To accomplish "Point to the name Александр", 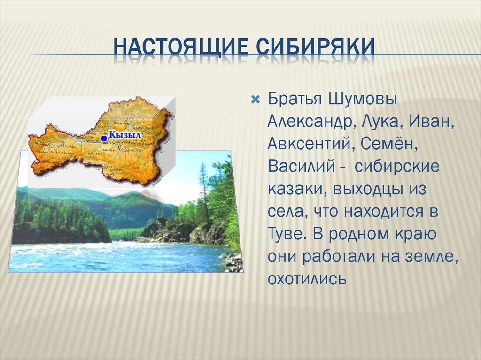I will [311, 123].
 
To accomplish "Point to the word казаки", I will [294, 190].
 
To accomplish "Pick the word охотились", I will [307, 279].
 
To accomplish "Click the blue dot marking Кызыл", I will [103, 138].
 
